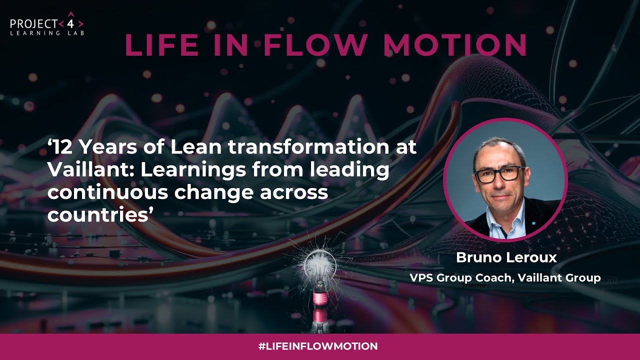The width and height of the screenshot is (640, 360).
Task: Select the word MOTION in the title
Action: point(455,44)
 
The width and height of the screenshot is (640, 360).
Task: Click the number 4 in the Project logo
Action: point(71,23)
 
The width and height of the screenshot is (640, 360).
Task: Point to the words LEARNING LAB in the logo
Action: point(47,33)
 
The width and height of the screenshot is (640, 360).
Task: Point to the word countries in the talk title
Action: point(97,215)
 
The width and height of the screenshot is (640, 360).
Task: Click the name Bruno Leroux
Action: point(506,258)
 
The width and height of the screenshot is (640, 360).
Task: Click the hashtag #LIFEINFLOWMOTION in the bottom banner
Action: point(318,346)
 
